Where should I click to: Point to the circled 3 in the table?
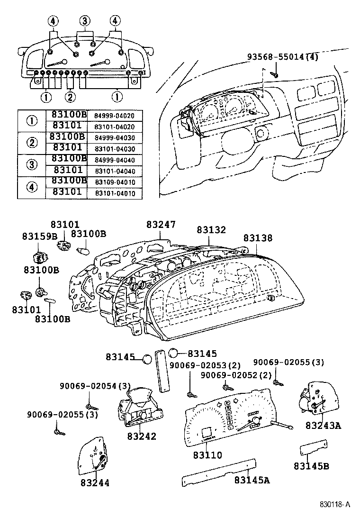tap(32, 164)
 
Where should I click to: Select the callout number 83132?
tap(211, 229)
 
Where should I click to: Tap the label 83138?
tap(258, 238)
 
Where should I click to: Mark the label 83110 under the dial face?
tap(207, 455)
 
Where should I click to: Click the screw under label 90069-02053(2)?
tap(190, 393)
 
